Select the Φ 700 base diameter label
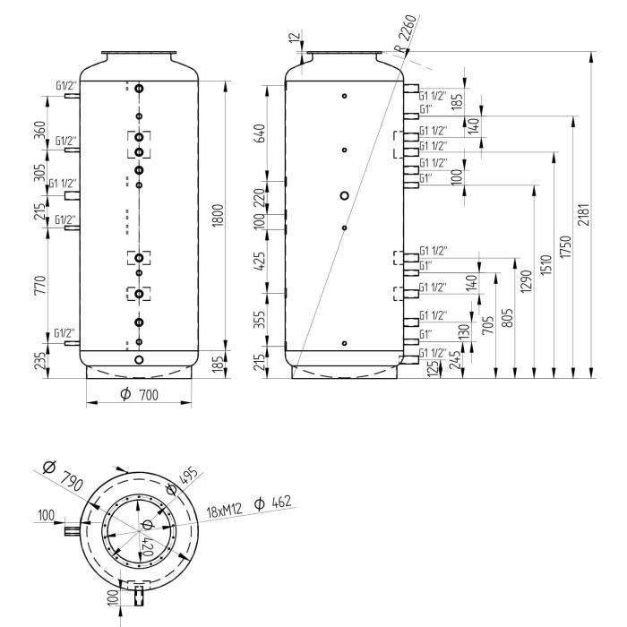coord(138,394)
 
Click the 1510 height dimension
coord(545,264)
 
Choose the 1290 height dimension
coord(526,280)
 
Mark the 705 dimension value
coord(490,323)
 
